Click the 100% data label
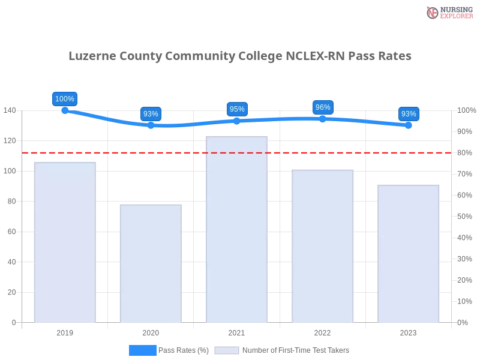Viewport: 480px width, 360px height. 65,99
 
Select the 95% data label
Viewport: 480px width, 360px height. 237,109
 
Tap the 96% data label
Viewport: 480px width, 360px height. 323,107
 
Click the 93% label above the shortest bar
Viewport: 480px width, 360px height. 151,114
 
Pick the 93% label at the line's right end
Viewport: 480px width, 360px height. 409,114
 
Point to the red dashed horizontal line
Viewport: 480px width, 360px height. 360,152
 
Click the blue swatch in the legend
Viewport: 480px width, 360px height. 143,350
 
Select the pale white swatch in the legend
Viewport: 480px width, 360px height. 227,350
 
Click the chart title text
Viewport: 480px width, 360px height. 240,56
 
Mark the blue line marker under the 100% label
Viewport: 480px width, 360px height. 65,110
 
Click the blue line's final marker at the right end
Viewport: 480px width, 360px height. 409,125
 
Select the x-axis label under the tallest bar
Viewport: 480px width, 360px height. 236,332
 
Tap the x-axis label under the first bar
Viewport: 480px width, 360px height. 65,332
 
